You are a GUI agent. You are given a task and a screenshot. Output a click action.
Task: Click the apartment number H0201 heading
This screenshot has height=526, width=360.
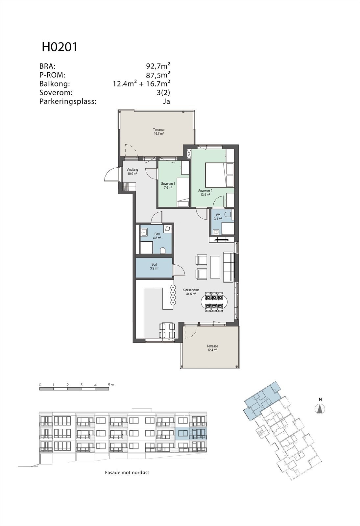pyautogui.click(x=60, y=47)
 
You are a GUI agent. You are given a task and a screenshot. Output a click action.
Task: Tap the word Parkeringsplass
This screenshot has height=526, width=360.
pyautogui.click(x=68, y=101)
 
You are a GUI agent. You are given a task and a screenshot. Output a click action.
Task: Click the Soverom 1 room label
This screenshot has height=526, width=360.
pyautogui.click(x=168, y=186)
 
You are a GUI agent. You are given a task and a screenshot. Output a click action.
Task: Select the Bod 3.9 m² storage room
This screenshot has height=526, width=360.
pyautogui.click(x=154, y=266)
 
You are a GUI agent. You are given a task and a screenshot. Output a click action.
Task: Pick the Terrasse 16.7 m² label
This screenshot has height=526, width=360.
pyautogui.click(x=158, y=131)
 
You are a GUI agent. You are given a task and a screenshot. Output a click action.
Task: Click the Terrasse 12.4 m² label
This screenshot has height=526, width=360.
pyautogui.click(x=212, y=348)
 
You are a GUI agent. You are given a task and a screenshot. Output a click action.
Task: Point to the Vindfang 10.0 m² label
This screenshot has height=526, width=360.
pyautogui.click(x=132, y=172)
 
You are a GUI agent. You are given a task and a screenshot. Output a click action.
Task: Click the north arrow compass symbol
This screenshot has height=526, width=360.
pyautogui.click(x=320, y=409)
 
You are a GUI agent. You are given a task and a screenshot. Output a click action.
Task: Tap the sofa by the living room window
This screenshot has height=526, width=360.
pyautogui.click(x=228, y=267)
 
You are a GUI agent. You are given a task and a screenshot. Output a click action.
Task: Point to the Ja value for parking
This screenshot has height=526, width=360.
pyautogui.click(x=166, y=101)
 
